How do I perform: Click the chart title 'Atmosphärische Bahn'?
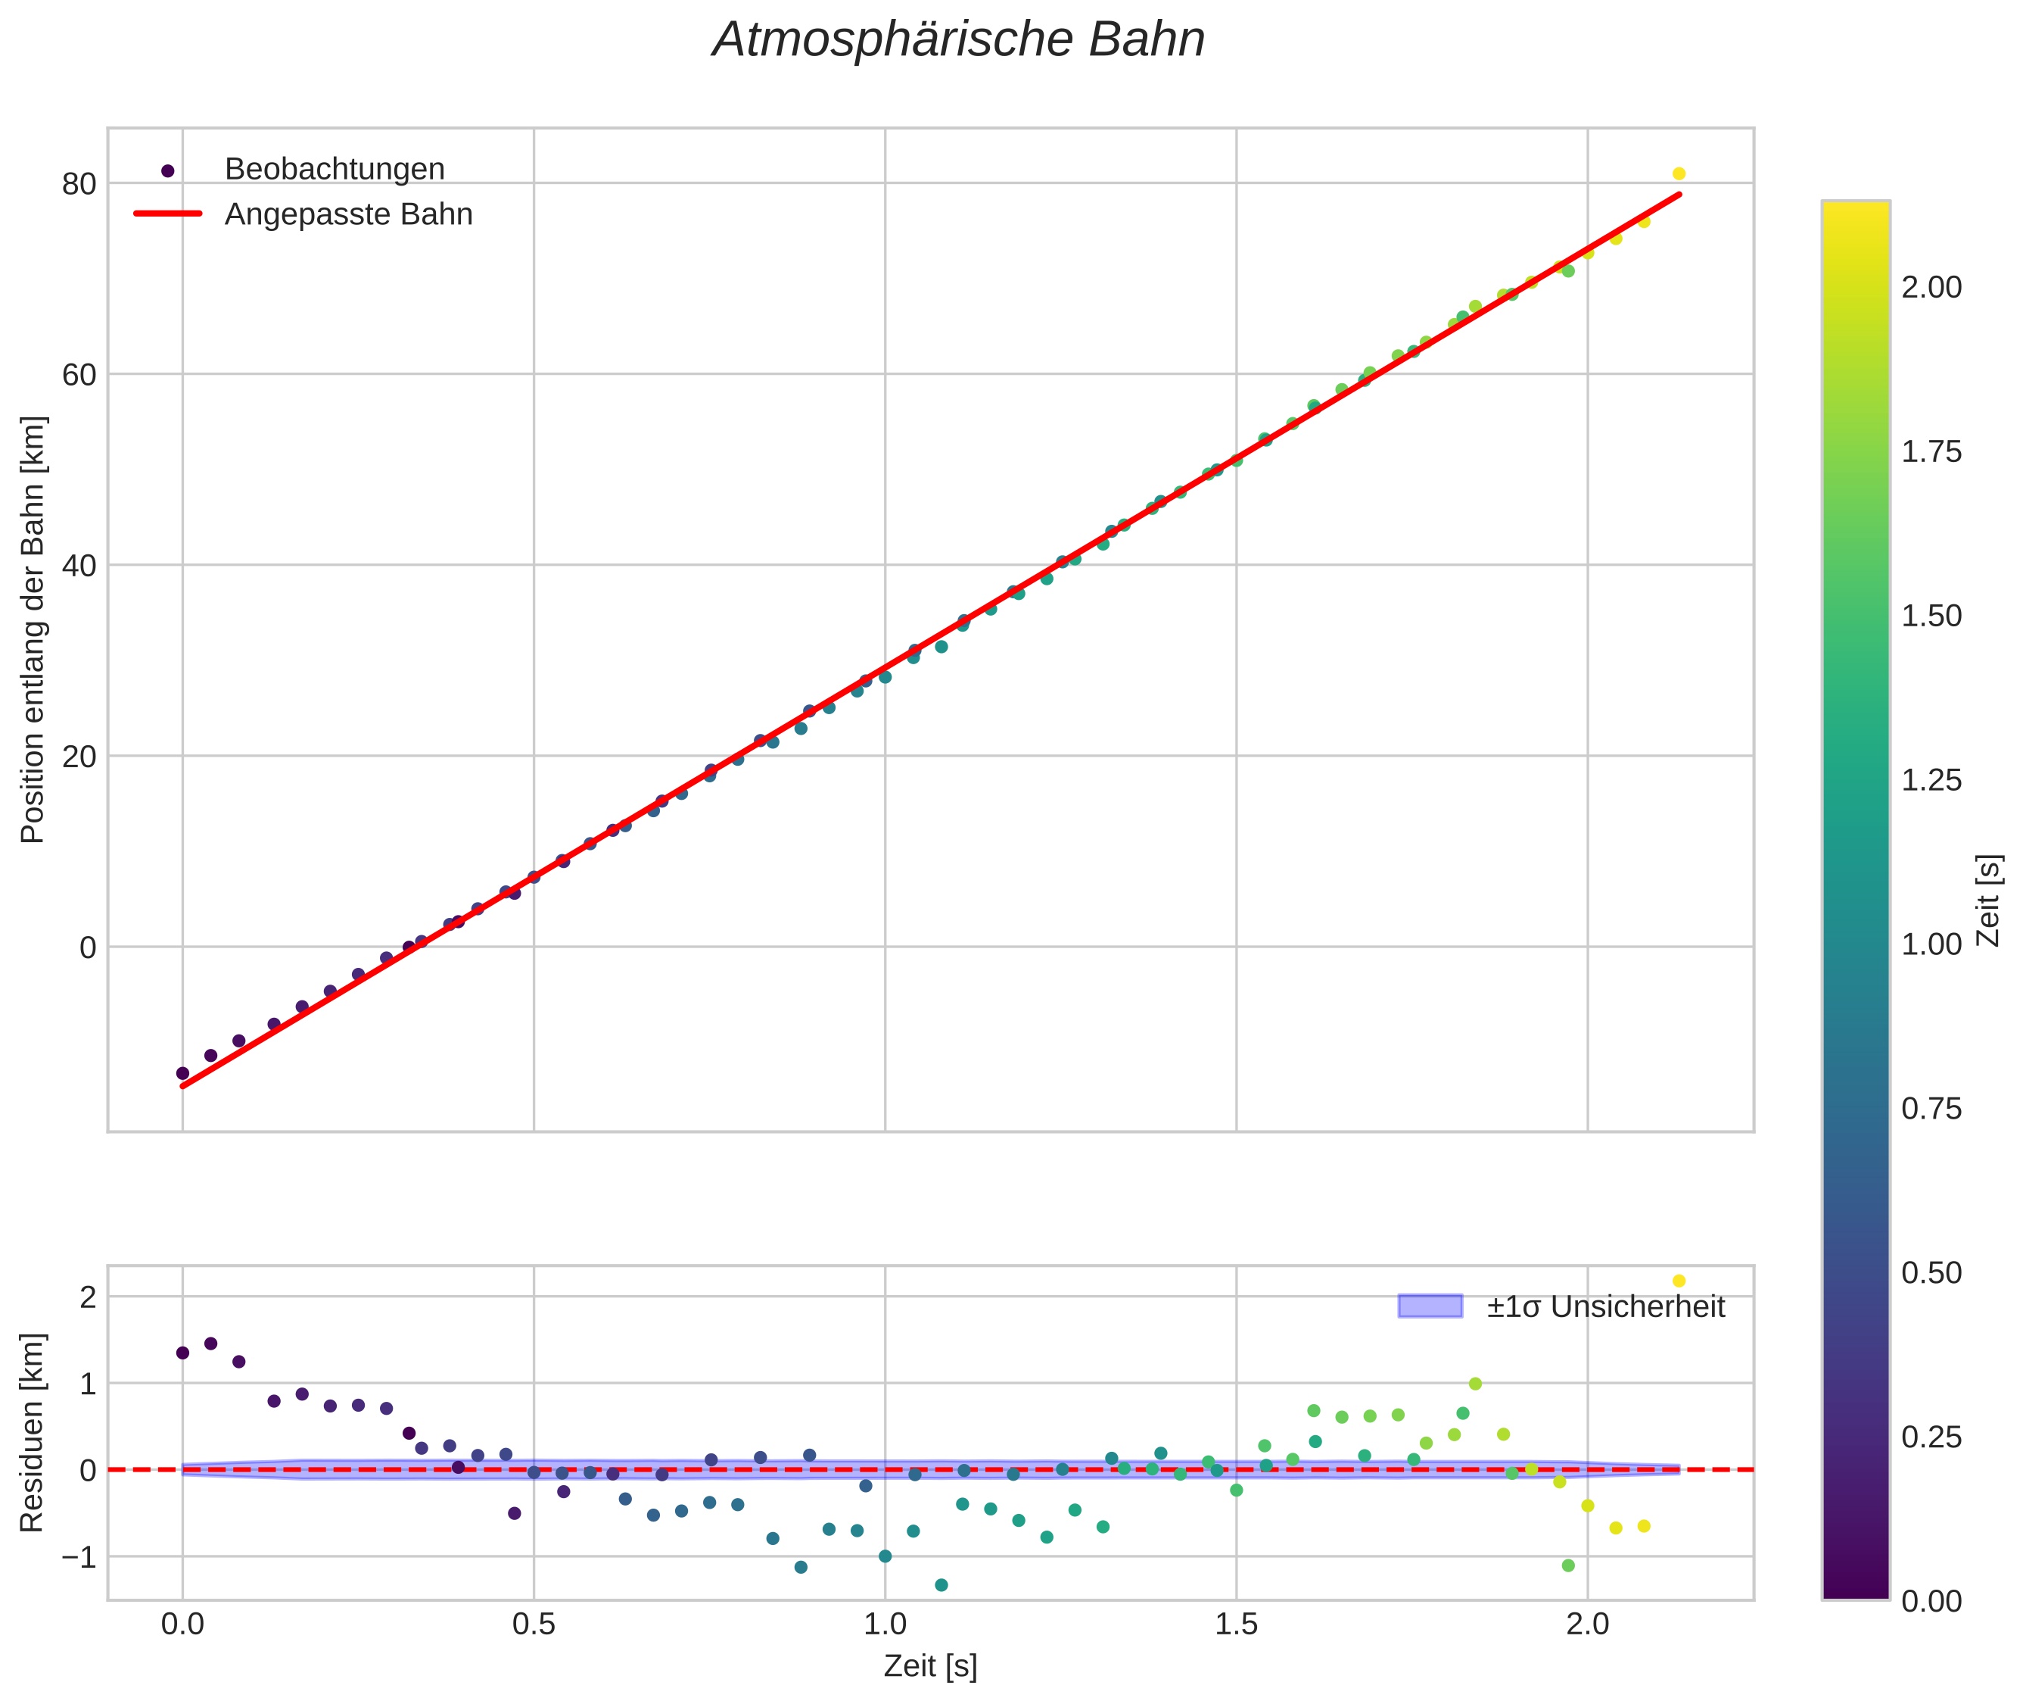coord(958,40)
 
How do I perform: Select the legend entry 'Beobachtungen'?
coord(334,170)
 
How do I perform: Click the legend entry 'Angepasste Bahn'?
coord(348,214)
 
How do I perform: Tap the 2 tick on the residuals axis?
coord(89,1298)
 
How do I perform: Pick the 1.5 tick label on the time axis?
coord(1236,1624)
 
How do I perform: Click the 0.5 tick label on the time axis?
coord(533,1624)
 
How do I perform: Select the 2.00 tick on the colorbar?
coord(1931,287)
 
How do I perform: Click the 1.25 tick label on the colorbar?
coord(1931,780)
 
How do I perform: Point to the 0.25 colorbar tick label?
coord(1931,1437)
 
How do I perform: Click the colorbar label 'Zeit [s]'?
coord(1988,900)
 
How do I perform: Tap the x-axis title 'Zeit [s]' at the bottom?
coord(930,1666)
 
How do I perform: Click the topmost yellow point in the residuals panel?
coord(1678,1281)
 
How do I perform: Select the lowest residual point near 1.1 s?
coord(941,1585)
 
